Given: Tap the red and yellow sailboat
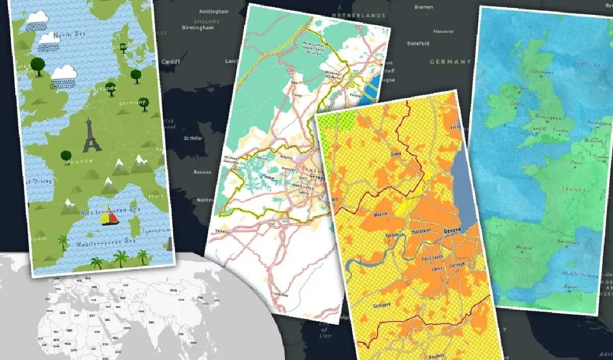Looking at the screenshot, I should [x=109, y=218].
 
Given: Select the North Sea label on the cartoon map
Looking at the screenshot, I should [x=69, y=36].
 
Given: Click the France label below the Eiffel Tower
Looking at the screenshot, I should [x=79, y=161].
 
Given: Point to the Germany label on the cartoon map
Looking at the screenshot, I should [x=132, y=103].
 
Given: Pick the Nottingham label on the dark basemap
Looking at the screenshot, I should [x=213, y=11].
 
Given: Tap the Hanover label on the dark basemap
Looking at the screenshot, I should [x=443, y=31].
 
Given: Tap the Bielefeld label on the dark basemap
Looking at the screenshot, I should [x=418, y=43].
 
